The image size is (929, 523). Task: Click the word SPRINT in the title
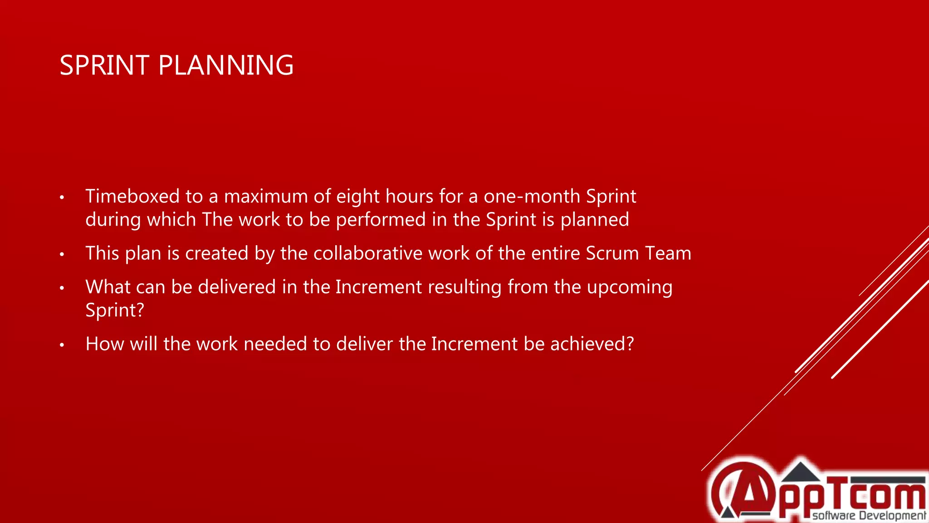pos(104,65)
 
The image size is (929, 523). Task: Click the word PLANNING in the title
pos(226,65)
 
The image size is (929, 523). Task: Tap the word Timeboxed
pos(132,196)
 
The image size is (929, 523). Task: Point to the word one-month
pos(532,196)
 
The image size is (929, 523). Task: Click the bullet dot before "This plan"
pos(62,254)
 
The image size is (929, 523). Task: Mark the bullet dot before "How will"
pos(62,345)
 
